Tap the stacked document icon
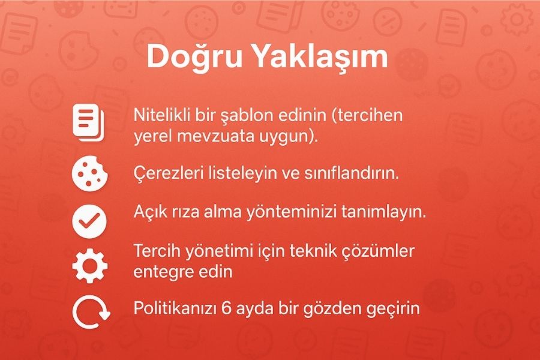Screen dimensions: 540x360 pyautogui.click(x=88, y=122)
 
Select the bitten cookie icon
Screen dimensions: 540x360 pyautogui.click(x=89, y=173)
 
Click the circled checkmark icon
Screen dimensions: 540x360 pyautogui.click(x=89, y=221)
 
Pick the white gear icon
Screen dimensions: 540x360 pyautogui.click(x=90, y=266)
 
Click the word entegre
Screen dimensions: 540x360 pyautogui.click(x=159, y=272)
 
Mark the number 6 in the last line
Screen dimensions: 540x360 pyautogui.click(x=227, y=308)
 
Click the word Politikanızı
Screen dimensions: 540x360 pyautogui.click(x=175, y=308)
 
